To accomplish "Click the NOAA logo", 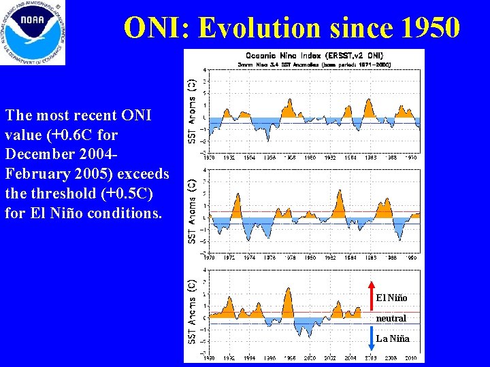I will click(x=33, y=33).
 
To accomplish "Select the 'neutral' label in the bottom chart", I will click(x=391, y=318).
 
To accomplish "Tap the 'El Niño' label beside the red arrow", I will click(x=392, y=298).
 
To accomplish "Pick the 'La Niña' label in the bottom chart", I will click(x=392, y=338).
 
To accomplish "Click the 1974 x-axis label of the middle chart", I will click(x=250, y=258).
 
